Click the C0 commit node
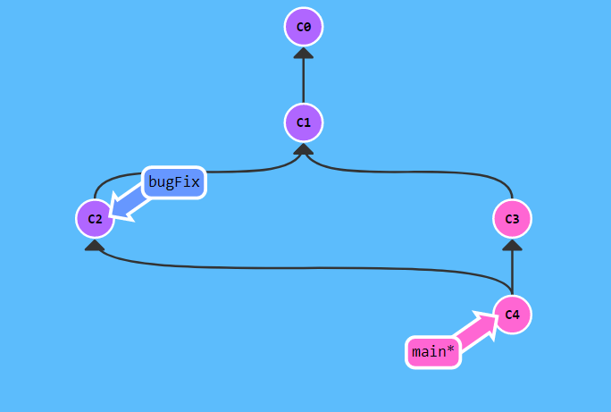[x=303, y=27]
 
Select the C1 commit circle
[x=303, y=122]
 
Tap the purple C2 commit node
[x=95, y=219]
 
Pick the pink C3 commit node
[x=512, y=219]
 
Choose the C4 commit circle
[x=512, y=315]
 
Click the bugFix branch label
[x=174, y=183]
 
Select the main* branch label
[x=434, y=352]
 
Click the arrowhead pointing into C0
[x=303, y=53]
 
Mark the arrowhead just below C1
[x=303, y=149]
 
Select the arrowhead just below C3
[x=512, y=245]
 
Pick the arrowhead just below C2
[x=95, y=245]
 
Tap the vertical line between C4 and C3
[x=512, y=268]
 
